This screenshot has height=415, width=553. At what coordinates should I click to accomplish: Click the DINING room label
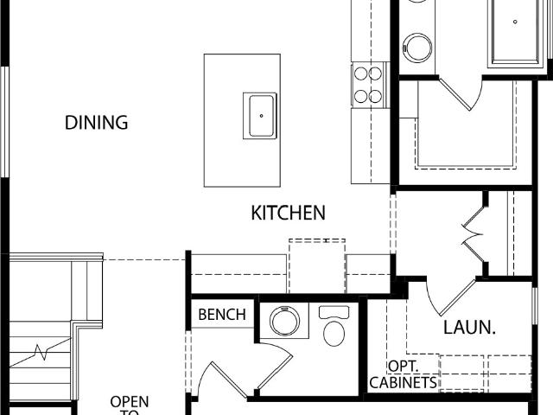(x=96, y=123)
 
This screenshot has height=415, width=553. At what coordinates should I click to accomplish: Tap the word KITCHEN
(x=288, y=213)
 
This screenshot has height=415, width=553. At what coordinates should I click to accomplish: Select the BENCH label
(x=222, y=315)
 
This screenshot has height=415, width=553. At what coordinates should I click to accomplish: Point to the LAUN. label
(x=469, y=328)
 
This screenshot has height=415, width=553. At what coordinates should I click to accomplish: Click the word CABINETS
(x=404, y=383)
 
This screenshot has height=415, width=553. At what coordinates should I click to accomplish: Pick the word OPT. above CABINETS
(x=404, y=367)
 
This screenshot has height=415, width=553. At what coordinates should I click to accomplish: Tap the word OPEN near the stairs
(x=130, y=401)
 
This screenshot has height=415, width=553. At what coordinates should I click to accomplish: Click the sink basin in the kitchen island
(x=261, y=116)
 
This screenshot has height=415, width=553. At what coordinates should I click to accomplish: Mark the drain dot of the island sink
(x=261, y=116)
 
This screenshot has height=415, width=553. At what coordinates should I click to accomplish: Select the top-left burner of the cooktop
(x=361, y=73)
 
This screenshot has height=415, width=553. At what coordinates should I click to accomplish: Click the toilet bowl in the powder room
(x=334, y=334)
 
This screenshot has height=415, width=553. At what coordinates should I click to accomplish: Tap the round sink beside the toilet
(x=284, y=321)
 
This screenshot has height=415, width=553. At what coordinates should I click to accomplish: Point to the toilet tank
(x=334, y=312)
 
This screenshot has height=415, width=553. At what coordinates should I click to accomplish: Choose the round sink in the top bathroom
(x=417, y=48)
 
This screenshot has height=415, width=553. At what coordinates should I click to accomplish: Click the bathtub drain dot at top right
(x=515, y=22)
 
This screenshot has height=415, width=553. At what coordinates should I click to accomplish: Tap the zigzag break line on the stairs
(x=41, y=352)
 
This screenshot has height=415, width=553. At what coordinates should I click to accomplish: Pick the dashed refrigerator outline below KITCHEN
(x=317, y=266)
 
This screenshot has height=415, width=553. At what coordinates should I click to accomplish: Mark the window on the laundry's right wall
(x=535, y=306)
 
